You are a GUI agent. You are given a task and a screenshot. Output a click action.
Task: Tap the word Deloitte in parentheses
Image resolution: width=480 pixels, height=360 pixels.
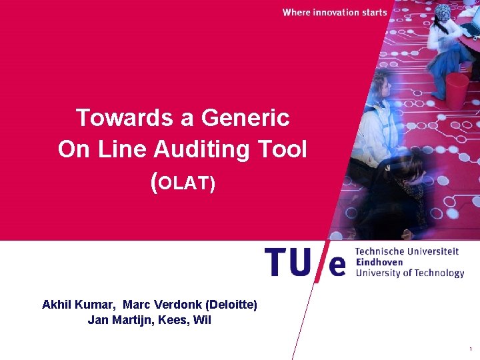(x=232, y=305)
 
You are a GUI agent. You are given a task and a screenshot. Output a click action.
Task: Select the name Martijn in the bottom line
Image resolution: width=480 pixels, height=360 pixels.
(x=130, y=320)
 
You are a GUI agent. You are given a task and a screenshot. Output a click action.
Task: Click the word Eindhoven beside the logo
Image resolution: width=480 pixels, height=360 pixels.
(x=379, y=262)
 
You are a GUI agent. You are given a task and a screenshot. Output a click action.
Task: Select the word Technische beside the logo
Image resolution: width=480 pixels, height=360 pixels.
(x=381, y=251)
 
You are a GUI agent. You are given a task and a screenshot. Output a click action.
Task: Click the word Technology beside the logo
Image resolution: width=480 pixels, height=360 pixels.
(x=438, y=273)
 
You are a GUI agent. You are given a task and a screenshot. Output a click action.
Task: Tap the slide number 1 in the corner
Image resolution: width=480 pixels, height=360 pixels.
(x=471, y=349)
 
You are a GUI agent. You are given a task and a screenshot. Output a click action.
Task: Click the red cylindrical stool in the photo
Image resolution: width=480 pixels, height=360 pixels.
(x=457, y=90)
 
